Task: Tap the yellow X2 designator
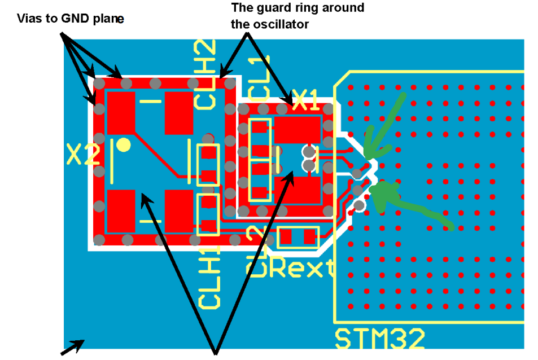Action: coord(83,153)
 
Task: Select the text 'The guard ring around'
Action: coord(298,8)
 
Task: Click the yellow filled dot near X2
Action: coord(124,145)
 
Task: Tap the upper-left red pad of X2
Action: coord(120,112)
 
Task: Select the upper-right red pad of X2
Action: coord(179,112)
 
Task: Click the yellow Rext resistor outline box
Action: coord(298,236)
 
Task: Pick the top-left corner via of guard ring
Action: coord(98,84)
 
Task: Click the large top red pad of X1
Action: coord(298,129)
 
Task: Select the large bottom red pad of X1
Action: coord(298,190)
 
